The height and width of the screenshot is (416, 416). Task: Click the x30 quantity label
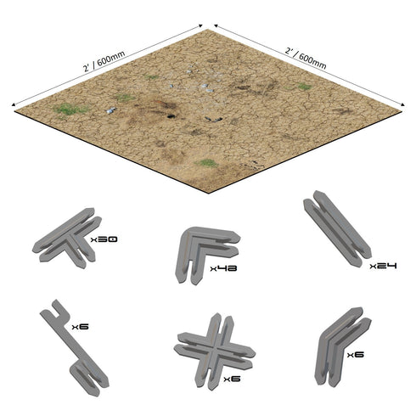click(x=105, y=242)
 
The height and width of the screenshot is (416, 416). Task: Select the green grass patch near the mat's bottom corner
click(x=205, y=162)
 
